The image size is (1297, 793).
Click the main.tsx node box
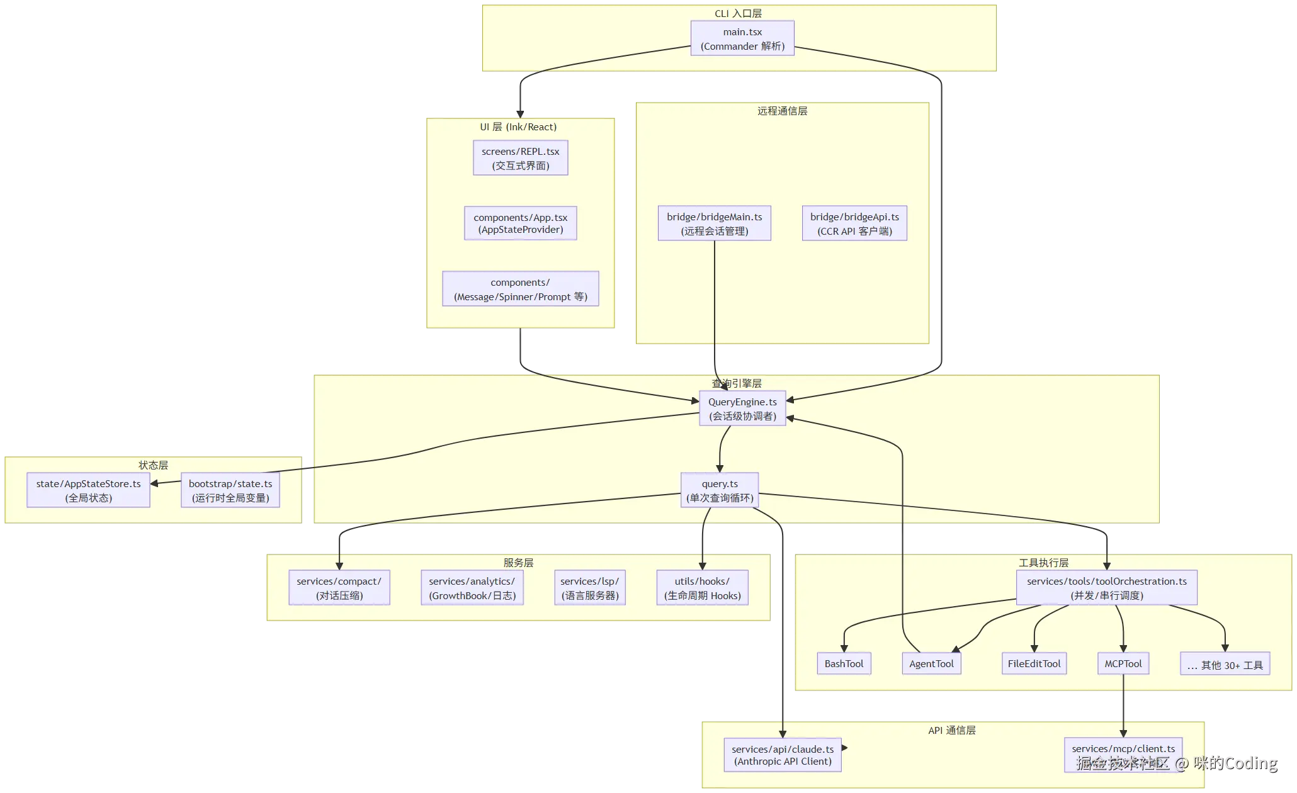click(742, 38)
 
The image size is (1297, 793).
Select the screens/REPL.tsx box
click(520, 158)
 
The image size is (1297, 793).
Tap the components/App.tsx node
click(520, 223)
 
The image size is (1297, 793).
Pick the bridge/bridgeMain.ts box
click(714, 223)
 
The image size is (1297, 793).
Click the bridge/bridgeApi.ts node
click(854, 223)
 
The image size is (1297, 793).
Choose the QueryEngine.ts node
click(742, 408)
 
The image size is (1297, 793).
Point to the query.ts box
click(720, 490)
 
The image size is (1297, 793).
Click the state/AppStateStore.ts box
click(88, 490)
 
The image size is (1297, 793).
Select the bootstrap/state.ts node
click(230, 490)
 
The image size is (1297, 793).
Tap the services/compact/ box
click(339, 588)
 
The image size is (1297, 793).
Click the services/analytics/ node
click(472, 588)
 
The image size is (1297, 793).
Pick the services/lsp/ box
click(589, 588)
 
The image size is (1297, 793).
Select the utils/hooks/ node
click(702, 588)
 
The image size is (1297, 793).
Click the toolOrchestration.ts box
click(1106, 588)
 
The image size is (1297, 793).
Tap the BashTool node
click(844, 663)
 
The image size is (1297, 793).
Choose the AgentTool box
click(931, 663)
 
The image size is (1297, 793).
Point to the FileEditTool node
click(1034, 663)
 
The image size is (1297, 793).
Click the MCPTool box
click(1123, 663)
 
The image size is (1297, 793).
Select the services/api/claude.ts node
click(783, 755)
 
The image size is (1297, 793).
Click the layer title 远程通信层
click(782, 111)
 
